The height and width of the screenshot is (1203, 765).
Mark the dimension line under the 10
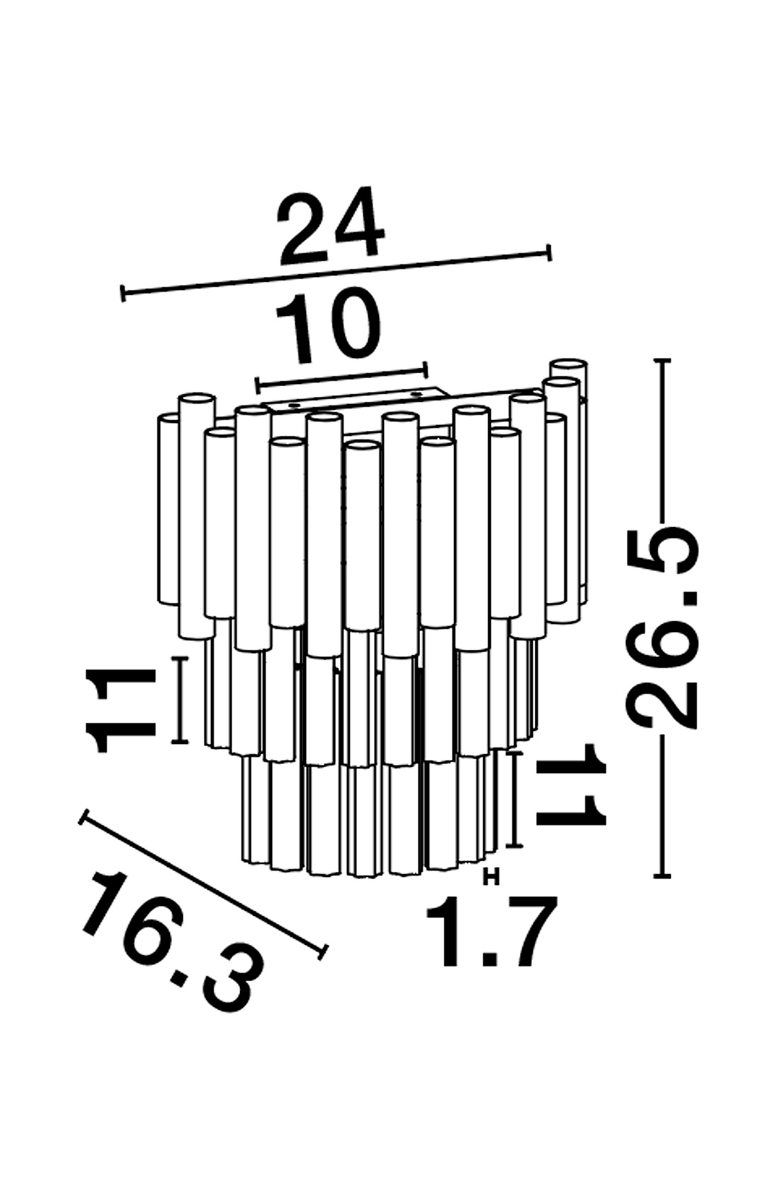(x=341, y=377)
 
